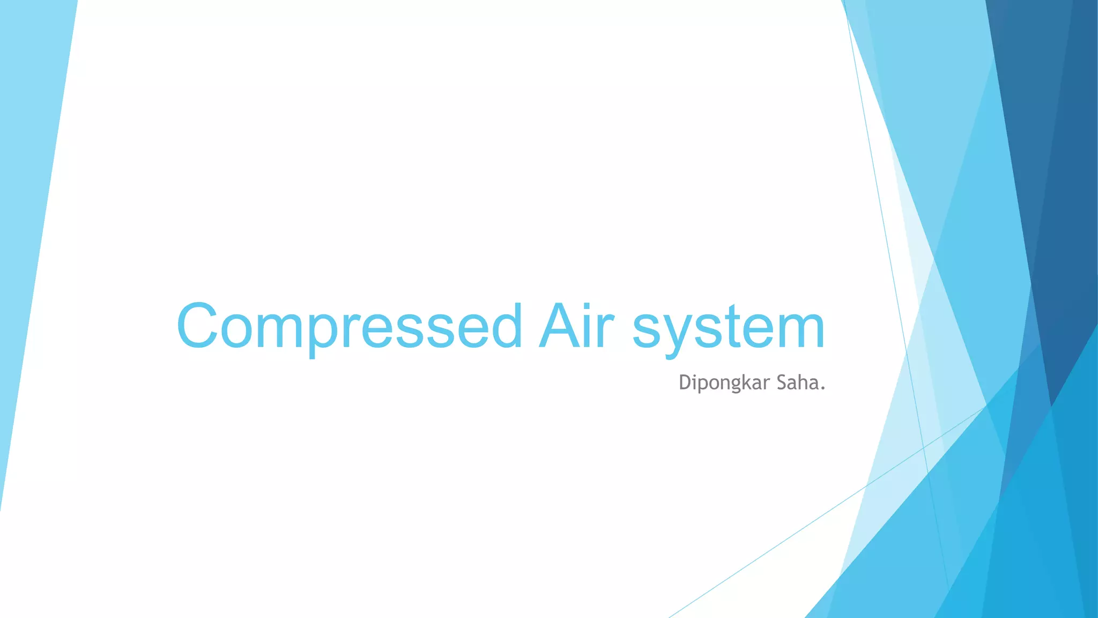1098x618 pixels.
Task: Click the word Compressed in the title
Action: coord(348,326)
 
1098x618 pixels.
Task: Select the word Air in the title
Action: coord(576,326)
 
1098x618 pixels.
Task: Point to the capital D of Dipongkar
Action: coord(685,382)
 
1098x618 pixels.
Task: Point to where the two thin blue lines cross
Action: coord(924,446)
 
